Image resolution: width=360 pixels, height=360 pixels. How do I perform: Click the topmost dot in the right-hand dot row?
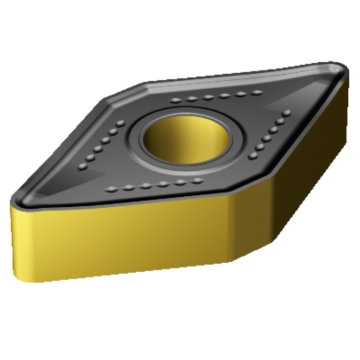point(287,113)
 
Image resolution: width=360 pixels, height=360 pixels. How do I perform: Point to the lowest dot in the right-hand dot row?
point(252,157)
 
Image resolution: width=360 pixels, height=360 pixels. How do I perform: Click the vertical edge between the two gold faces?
point(231,225)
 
